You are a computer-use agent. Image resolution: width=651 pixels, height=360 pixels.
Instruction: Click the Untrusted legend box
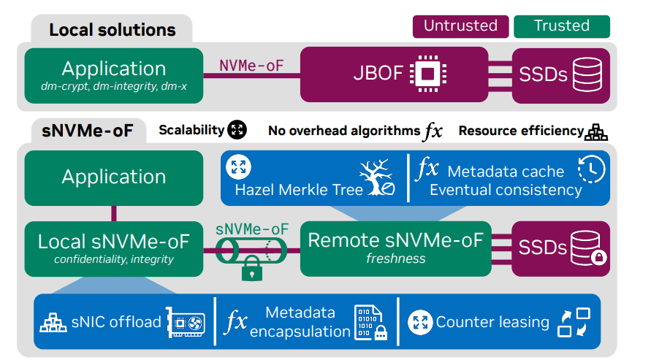pyautogui.click(x=460, y=26)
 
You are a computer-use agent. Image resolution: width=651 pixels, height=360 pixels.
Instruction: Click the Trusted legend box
pyautogui.click(x=561, y=26)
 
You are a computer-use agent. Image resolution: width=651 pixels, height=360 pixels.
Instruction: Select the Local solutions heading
pyautogui.click(x=112, y=30)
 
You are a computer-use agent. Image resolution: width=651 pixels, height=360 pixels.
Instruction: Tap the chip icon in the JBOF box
pyautogui.click(x=428, y=74)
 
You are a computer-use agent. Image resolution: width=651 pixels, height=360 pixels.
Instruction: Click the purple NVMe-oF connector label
pyautogui.click(x=251, y=66)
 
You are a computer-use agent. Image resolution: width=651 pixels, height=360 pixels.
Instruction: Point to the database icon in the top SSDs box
pyautogui.click(x=588, y=74)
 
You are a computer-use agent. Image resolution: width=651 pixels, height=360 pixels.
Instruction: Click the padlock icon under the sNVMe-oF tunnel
pyautogui.click(x=251, y=269)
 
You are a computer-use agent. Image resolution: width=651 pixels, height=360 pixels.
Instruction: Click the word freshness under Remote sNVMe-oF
pyautogui.click(x=395, y=258)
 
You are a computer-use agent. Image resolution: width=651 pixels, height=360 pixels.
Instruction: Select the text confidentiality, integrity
pyautogui.click(x=113, y=258)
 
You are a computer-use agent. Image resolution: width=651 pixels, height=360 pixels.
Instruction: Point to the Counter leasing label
pyautogui.click(x=492, y=322)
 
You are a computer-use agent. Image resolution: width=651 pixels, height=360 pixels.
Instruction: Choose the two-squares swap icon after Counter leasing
pyautogui.click(x=573, y=322)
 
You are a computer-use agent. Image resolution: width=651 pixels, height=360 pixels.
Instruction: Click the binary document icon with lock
pyautogui.click(x=370, y=322)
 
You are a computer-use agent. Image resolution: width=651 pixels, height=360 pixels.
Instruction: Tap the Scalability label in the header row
pyautogui.click(x=191, y=130)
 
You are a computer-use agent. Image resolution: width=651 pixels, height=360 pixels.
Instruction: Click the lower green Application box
pyautogui.click(x=113, y=177)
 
